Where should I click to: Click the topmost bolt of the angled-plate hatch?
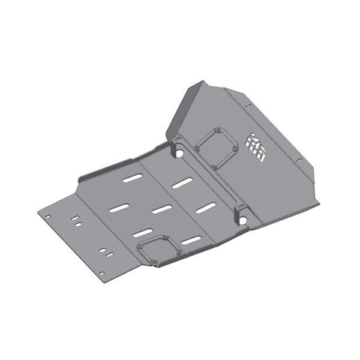click(x=219, y=128)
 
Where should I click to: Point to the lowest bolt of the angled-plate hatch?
click(x=214, y=166)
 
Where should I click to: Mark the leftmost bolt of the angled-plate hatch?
click(x=197, y=145)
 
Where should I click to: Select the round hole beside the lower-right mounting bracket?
click(x=243, y=220)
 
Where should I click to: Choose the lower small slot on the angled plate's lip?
click(x=298, y=160)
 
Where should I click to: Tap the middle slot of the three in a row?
click(x=161, y=209)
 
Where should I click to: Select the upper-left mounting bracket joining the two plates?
click(x=175, y=145)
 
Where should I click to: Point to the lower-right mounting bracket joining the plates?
click(x=241, y=211)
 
